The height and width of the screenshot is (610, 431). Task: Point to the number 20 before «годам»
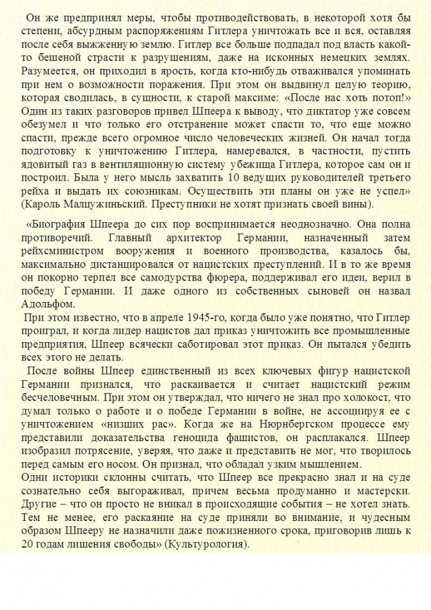pos(28,545)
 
